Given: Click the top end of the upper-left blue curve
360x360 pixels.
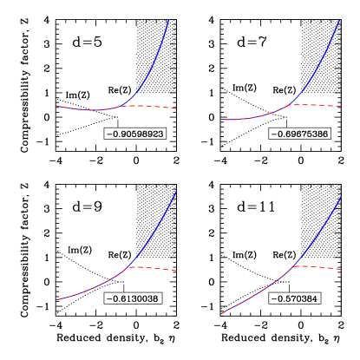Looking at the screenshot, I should [168, 20].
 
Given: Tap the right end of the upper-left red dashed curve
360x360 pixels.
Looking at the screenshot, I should [176, 108].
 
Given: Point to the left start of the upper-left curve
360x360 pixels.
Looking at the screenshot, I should [56, 106].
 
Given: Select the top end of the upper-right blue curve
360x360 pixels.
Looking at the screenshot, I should [338, 20].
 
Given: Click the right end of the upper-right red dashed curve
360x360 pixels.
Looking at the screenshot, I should [342, 106].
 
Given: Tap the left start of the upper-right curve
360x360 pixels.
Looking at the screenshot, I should [222, 120].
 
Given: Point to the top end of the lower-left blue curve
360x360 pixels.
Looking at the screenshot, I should [176, 191].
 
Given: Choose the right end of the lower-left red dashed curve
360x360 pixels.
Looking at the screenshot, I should [176, 271].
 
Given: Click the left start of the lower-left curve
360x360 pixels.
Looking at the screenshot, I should [58, 299].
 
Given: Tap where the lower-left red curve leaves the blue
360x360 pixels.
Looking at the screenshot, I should [128, 267].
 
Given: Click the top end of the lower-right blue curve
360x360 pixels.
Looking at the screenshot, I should [341, 198].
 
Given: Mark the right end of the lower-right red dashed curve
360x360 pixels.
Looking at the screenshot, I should [342, 270].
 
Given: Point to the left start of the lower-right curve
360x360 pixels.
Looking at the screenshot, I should [222, 313].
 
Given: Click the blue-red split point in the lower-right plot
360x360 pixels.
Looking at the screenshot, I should [292, 266].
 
